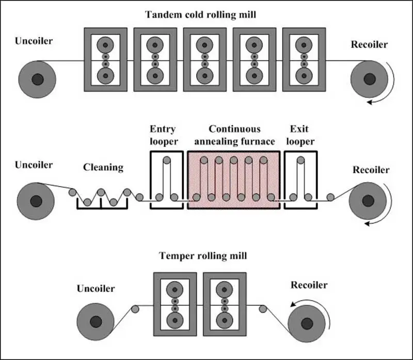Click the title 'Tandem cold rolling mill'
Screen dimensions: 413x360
[200, 14]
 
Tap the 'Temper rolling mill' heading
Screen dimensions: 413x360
[203, 256]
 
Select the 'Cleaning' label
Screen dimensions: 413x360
[103, 168]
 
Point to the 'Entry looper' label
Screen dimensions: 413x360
[164, 135]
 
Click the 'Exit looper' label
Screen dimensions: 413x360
[300, 135]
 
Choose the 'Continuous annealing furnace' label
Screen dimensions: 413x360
[234, 135]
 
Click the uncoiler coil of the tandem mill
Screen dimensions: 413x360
[37, 79]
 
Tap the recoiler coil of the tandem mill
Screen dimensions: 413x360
[369, 79]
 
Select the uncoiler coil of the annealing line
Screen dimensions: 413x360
[36, 201]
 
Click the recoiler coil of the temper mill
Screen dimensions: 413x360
[307, 324]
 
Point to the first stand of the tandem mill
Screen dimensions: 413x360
[106, 60]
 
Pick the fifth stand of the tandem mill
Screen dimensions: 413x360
[304, 60]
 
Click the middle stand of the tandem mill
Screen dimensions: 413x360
[205, 60]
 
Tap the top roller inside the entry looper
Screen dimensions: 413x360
[167, 160]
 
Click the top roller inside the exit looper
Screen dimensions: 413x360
[301, 160]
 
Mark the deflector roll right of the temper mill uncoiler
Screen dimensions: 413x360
[135, 309]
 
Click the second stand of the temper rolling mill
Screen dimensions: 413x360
[225, 304]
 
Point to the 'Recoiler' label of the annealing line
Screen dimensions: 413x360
[371, 170]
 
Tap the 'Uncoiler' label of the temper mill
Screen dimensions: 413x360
[96, 289]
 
